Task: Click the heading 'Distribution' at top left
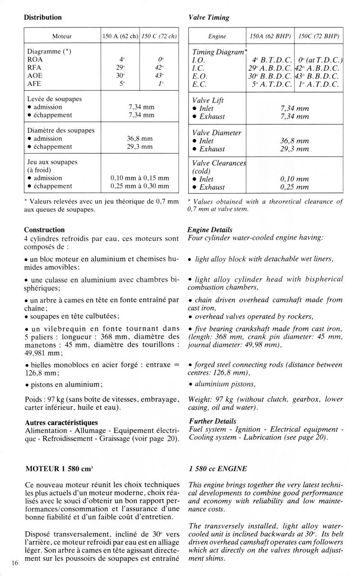(x=43, y=18)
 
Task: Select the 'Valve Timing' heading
(x=208, y=18)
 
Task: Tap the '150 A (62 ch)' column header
(x=121, y=36)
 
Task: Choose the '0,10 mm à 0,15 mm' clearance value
(x=140, y=178)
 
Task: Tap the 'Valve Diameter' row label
(x=216, y=133)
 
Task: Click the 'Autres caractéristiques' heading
(x=61, y=422)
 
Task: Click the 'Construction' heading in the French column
(x=44, y=230)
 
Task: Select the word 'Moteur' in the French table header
(x=62, y=36)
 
